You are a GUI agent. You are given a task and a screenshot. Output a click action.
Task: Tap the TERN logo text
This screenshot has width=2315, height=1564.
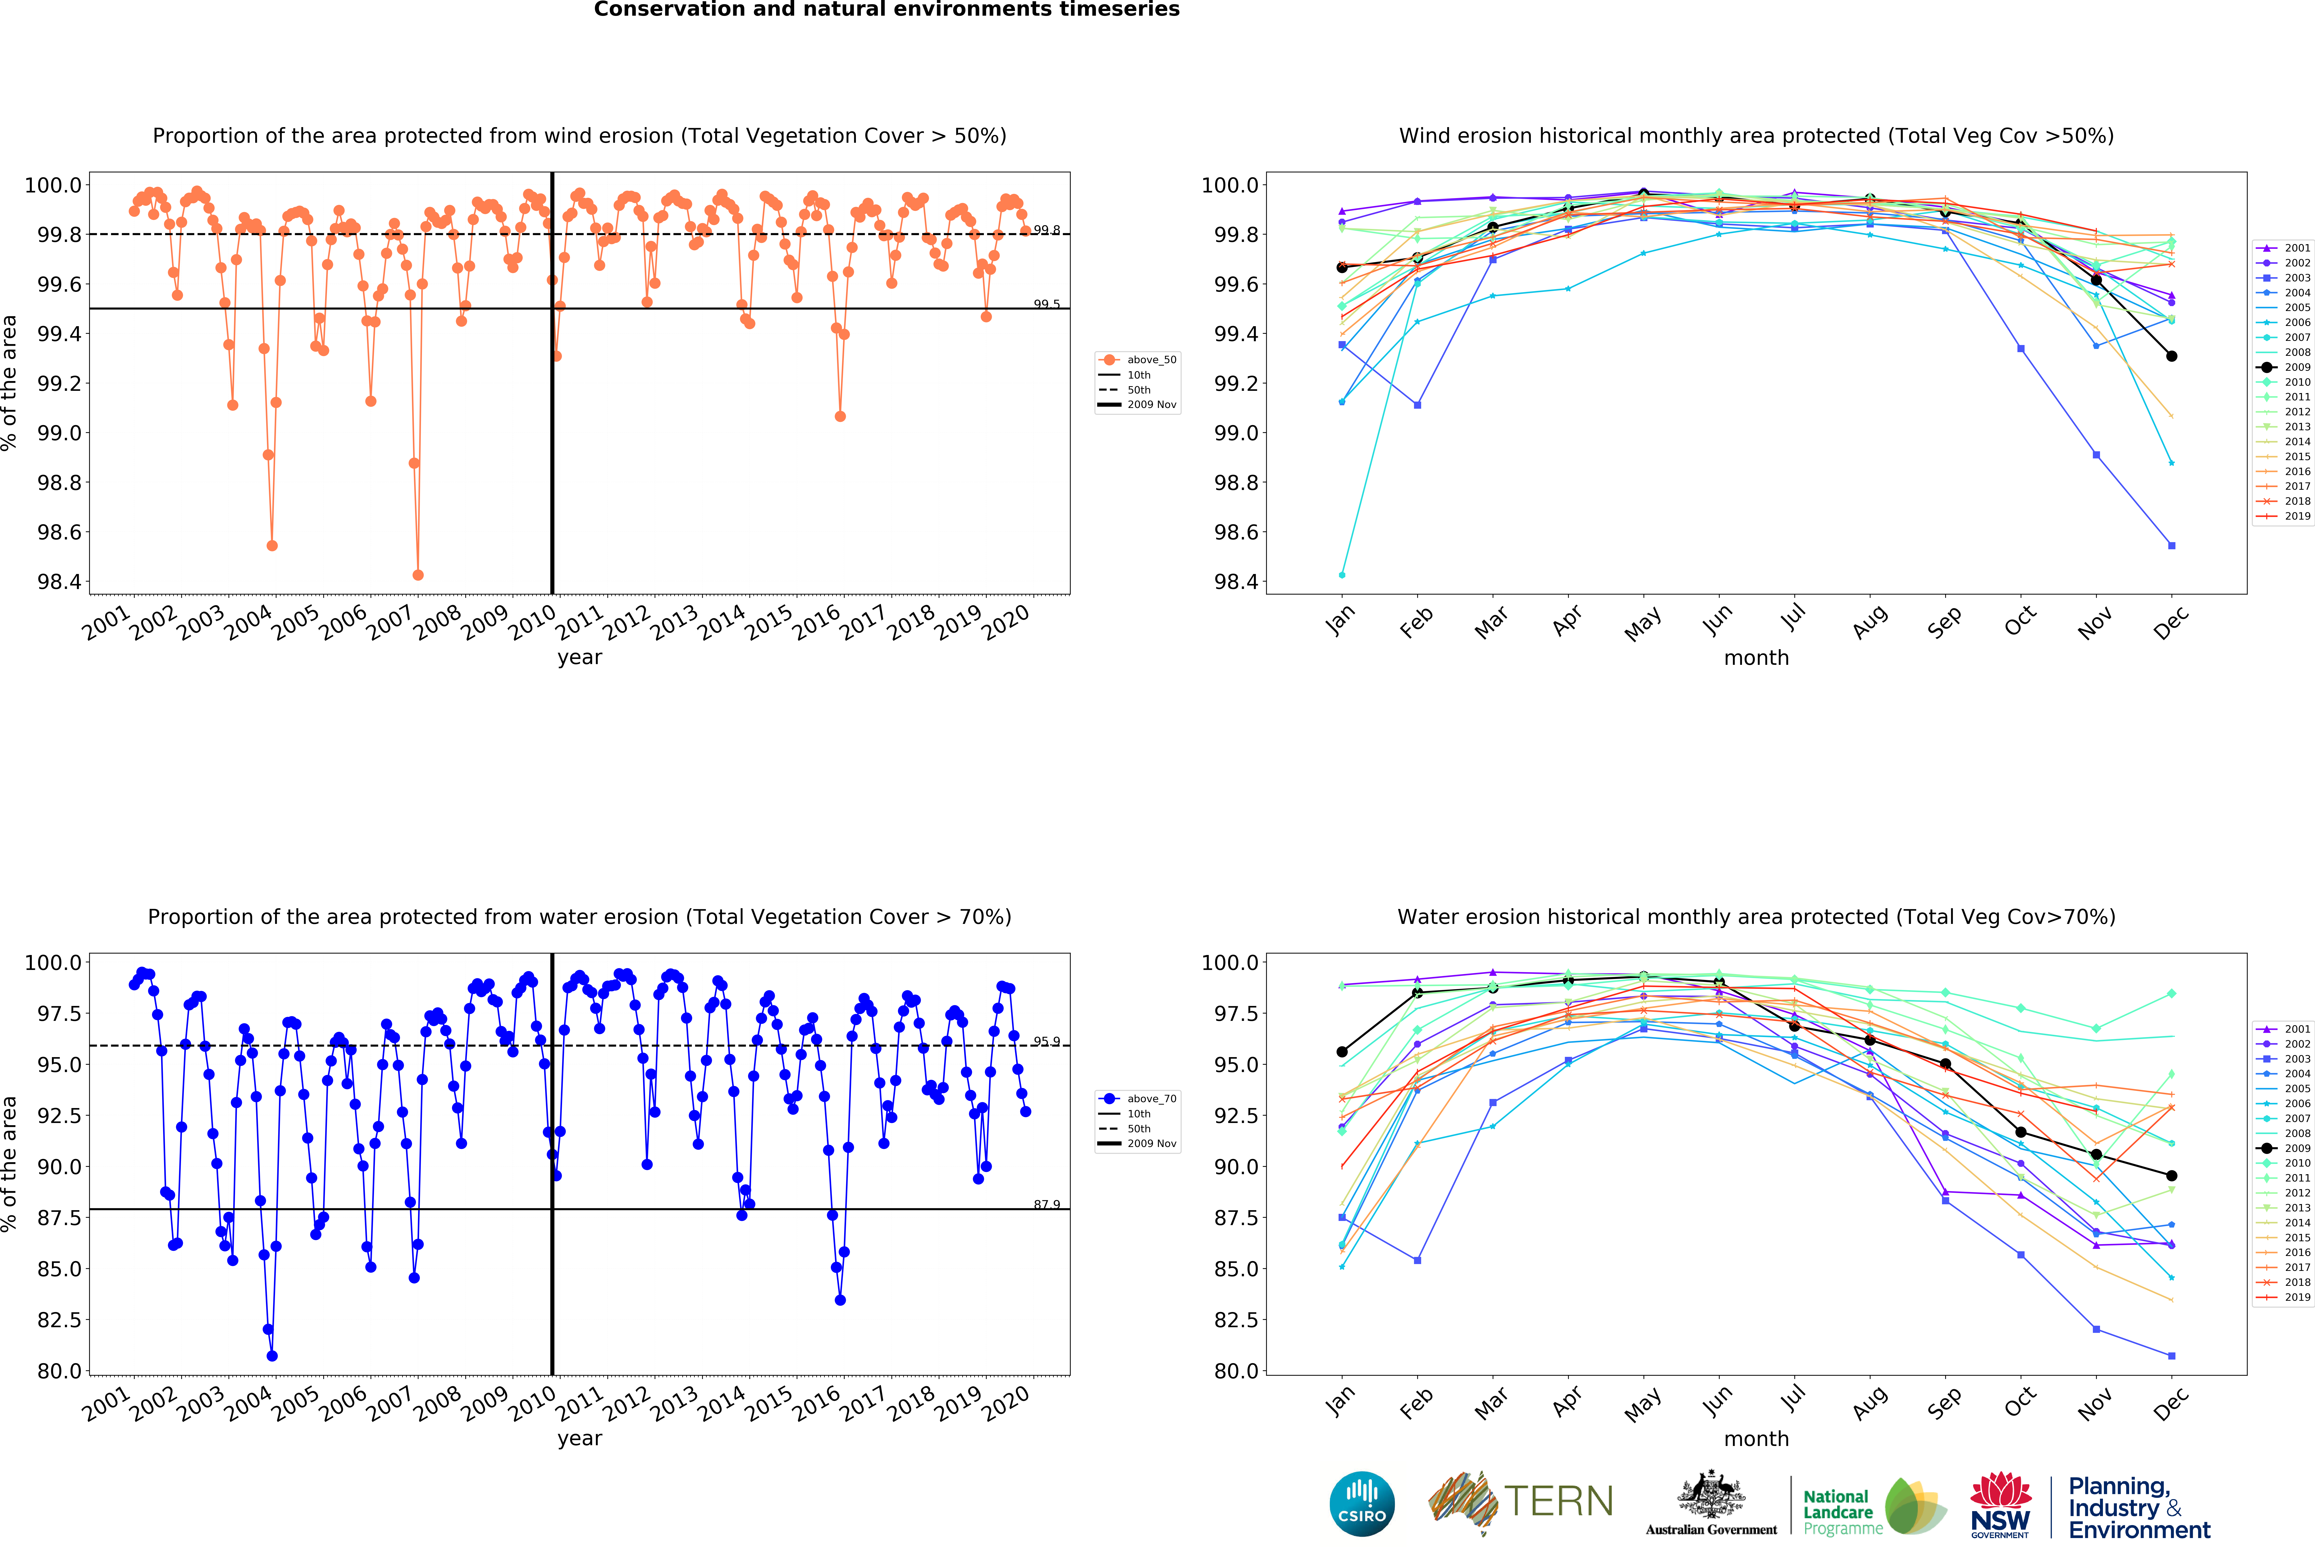(x=1558, y=1501)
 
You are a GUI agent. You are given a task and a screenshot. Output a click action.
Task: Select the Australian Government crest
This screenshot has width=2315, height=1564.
(x=1710, y=1494)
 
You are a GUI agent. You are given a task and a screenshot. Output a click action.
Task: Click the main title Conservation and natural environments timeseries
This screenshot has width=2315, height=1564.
(x=887, y=10)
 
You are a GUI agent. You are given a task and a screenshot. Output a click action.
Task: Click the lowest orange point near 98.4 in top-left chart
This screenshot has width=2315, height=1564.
(x=418, y=575)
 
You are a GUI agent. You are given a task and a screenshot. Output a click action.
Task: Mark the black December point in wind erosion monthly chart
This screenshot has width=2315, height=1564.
(x=2171, y=356)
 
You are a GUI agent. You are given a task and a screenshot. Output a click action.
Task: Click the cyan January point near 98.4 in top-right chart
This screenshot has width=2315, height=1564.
(x=1342, y=575)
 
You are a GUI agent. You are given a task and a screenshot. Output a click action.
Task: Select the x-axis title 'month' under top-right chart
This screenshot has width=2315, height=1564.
(x=1756, y=657)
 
